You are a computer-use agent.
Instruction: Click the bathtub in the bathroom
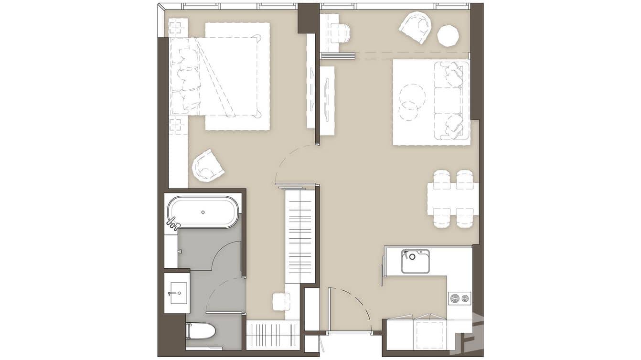coord(203,212)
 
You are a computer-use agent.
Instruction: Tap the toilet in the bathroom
coord(201,330)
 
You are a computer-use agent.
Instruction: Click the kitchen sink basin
coord(415,261)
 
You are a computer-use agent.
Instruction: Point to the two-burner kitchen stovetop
coord(459,299)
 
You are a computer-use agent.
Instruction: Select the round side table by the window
coord(448,36)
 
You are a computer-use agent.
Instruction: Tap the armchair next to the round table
coord(416,27)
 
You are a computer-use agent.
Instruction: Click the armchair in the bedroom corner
coord(208,166)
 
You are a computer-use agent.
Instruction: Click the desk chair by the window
coord(341,33)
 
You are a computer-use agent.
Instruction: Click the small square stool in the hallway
coord(281,302)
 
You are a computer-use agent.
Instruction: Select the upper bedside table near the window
coord(178,27)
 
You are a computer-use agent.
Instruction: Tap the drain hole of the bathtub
coord(203,212)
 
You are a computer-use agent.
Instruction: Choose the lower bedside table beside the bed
coord(177,124)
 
